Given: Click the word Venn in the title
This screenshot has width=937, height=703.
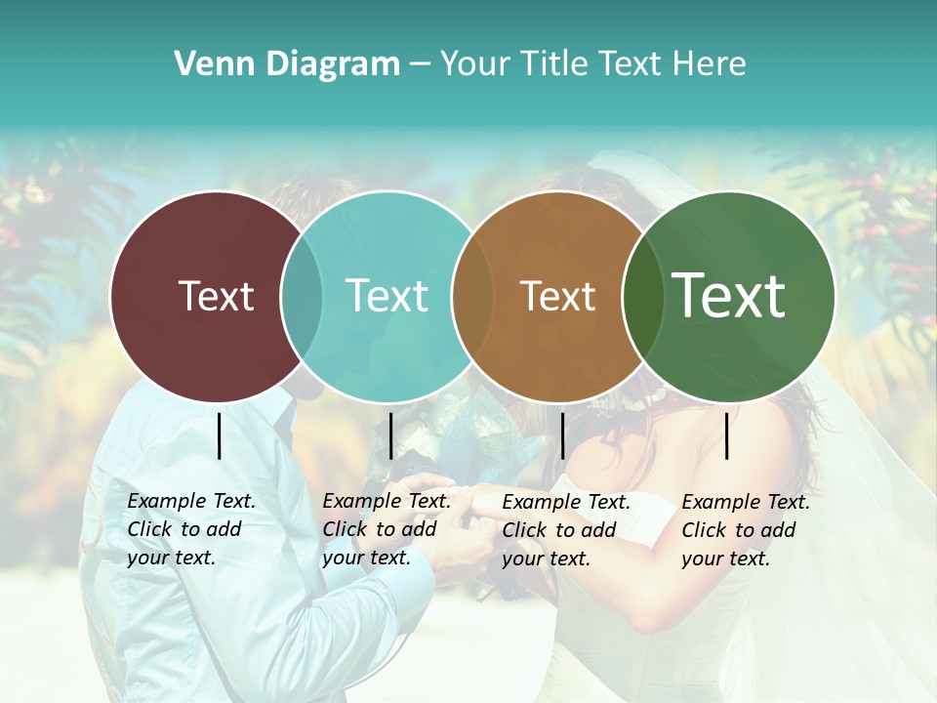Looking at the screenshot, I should point(207,64).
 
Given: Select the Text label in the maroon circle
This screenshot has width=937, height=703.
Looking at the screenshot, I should point(216,296).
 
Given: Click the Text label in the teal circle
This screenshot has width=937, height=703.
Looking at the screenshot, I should point(387,296).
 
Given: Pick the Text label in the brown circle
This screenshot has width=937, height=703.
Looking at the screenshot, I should point(557,296).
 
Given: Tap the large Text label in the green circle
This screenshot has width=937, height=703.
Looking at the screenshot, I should point(728,296).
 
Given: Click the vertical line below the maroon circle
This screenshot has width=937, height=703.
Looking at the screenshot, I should point(220,435).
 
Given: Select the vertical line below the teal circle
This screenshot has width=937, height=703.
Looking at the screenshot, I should point(390,435).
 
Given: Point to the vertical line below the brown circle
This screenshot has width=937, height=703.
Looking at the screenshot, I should point(563,435).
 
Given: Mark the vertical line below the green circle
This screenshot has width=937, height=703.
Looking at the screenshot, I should point(727,435).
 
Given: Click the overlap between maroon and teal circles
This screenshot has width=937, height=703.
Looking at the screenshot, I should point(302,296).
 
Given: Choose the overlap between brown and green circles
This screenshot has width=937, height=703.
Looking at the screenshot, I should point(639,296).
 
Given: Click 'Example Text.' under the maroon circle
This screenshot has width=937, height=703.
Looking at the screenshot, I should point(191,501).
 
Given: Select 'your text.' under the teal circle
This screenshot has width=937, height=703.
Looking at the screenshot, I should point(366,558).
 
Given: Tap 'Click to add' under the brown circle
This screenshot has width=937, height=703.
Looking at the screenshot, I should point(559,530).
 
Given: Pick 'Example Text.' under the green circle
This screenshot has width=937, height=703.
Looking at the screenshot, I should point(746,502).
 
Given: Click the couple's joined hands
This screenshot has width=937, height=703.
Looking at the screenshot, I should point(459,498).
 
